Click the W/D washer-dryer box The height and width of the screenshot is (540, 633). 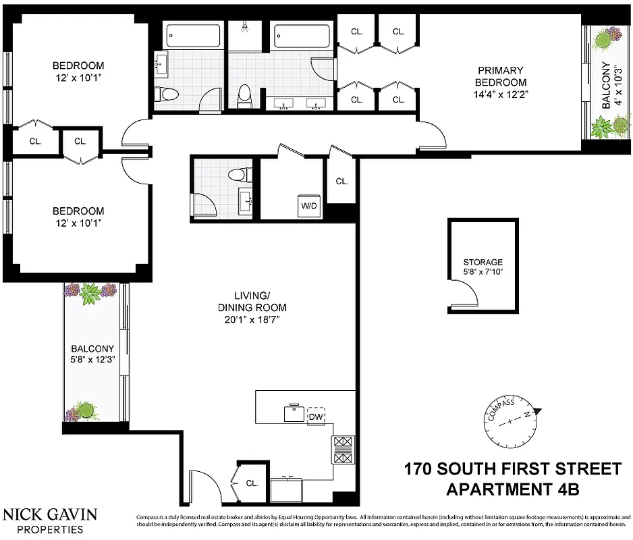coord(309,205)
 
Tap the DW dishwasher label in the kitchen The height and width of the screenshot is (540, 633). coord(315,416)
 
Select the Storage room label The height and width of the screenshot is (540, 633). coord(483,262)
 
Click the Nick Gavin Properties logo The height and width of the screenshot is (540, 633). coord(50,520)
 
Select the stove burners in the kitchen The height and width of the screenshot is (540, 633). coord(342,450)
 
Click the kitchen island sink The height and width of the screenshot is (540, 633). coord(294,413)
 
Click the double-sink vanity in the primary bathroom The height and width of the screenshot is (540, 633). coord(298,104)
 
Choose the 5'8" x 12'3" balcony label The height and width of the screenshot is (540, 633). coord(92,354)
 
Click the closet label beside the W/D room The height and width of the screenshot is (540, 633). coord(341,181)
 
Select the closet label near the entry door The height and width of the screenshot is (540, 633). coord(252,483)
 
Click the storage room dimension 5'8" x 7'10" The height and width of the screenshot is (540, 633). coord(483,273)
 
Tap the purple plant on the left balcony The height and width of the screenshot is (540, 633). coord(90,292)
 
